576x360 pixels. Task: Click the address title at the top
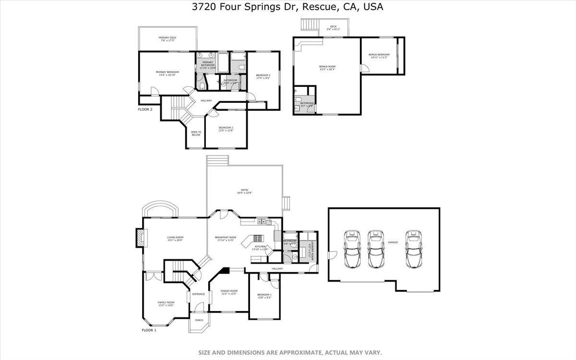pyautogui.click(x=288, y=7)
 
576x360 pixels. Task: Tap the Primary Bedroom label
pyautogui.click(x=167, y=73)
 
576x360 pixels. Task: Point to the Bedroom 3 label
pyautogui.click(x=263, y=76)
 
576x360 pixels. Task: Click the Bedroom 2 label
pyautogui.click(x=226, y=129)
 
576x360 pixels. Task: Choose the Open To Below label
pyautogui.click(x=196, y=133)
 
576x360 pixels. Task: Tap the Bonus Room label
pyautogui.click(x=327, y=68)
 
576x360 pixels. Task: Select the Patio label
pyautogui.click(x=244, y=191)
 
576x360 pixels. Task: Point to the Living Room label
pyautogui.click(x=175, y=239)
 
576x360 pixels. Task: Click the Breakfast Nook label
pyautogui.click(x=225, y=239)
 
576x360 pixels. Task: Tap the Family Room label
pyautogui.click(x=166, y=304)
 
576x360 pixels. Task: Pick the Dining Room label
pyautogui.click(x=229, y=292)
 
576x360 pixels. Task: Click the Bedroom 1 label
pyautogui.click(x=264, y=296)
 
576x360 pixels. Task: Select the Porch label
pyautogui.click(x=199, y=320)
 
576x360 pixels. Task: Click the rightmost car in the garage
pyautogui.click(x=413, y=249)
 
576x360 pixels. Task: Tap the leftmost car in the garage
pyautogui.click(x=352, y=249)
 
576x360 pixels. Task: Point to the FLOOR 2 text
pyautogui.click(x=145, y=109)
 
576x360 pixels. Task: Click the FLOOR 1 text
pyautogui.click(x=149, y=330)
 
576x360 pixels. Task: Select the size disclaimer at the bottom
pyautogui.click(x=290, y=352)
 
